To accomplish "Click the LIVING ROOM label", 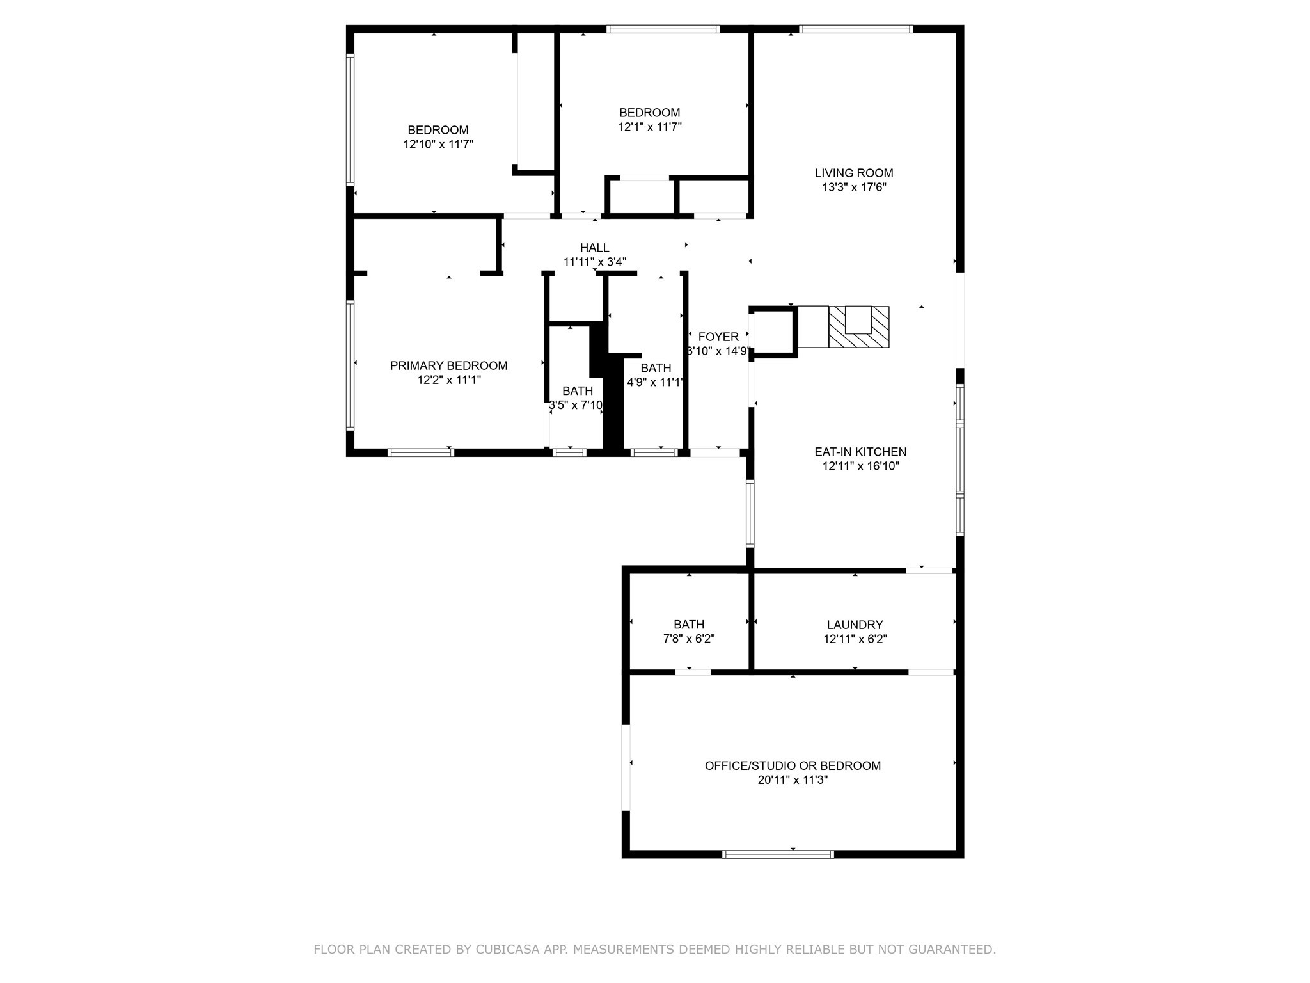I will click(x=853, y=173).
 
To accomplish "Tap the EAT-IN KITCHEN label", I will click(x=860, y=452).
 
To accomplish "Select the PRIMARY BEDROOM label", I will click(x=448, y=365).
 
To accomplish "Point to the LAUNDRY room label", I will click(x=855, y=625).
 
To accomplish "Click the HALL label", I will click(x=594, y=248).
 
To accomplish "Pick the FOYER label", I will click(x=718, y=337).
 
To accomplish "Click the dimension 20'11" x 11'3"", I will click(x=793, y=780).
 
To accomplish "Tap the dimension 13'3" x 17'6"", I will click(x=854, y=188).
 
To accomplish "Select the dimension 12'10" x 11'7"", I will click(x=438, y=145).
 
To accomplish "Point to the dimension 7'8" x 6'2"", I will click(x=688, y=639).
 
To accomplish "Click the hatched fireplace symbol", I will click(x=858, y=327).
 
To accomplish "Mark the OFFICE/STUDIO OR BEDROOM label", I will click(x=793, y=765).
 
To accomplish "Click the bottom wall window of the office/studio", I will click(x=778, y=854).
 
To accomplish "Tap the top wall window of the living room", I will click(x=855, y=29).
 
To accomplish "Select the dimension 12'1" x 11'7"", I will click(x=649, y=127).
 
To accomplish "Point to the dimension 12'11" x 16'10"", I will click(x=860, y=467).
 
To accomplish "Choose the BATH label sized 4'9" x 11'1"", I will click(x=656, y=368).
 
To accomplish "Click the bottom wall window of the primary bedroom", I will click(x=420, y=452).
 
